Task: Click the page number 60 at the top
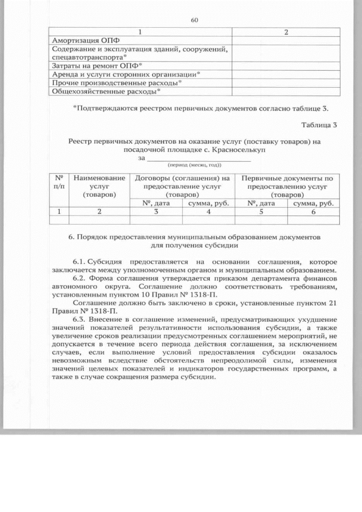[195, 20]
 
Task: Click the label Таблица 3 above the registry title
[319, 124]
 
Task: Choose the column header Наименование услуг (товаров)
[99, 187]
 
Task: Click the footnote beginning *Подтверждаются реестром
[201, 108]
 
